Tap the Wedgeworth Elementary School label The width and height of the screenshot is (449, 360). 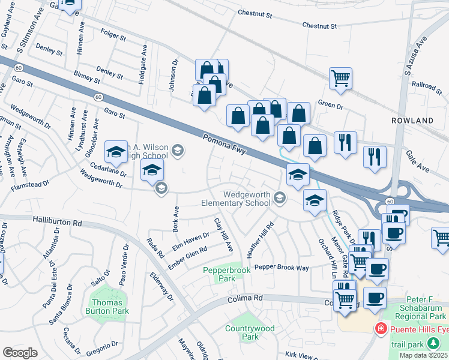tap(247, 199)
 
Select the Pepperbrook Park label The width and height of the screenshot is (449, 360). tap(218, 275)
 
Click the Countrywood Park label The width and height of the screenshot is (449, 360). tap(250, 332)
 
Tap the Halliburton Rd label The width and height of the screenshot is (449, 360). tap(57, 222)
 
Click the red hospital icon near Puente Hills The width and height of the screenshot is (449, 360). tap(380, 329)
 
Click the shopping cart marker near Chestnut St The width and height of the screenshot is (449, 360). tap(340, 78)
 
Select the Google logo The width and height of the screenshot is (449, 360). tap(20, 353)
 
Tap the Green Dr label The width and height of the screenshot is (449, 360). tap(330, 105)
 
